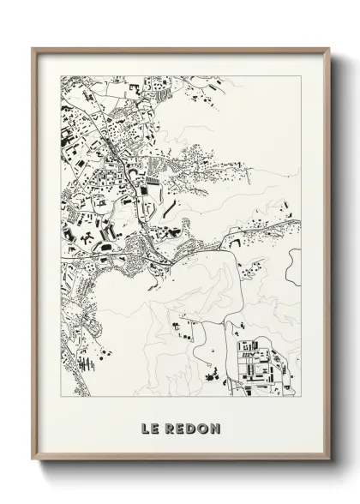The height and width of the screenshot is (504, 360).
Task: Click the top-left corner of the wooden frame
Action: tap(33, 48)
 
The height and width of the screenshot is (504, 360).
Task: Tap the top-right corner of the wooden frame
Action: tap(327, 48)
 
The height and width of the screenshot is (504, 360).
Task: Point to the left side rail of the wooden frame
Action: tap(34, 257)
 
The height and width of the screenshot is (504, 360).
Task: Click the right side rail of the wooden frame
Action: tap(326, 257)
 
